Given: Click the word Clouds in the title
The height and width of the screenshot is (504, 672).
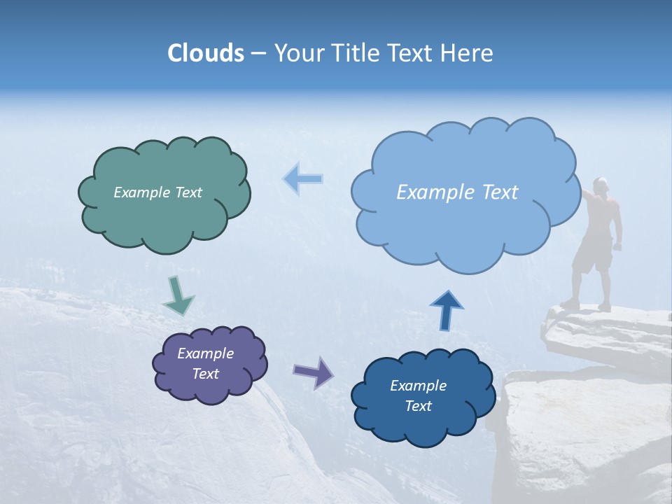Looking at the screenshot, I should [x=206, y=53].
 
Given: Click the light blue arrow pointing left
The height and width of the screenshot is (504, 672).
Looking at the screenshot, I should [x=302, y=179].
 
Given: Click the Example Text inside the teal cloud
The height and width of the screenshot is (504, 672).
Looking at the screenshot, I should [x=157, y=192].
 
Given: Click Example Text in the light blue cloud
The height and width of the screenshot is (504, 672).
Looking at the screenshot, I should [x=457, y=192].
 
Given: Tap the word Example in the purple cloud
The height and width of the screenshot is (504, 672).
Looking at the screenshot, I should [x=205, y=353].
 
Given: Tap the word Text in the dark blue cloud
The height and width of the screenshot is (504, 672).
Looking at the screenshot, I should [x=418, y=406].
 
